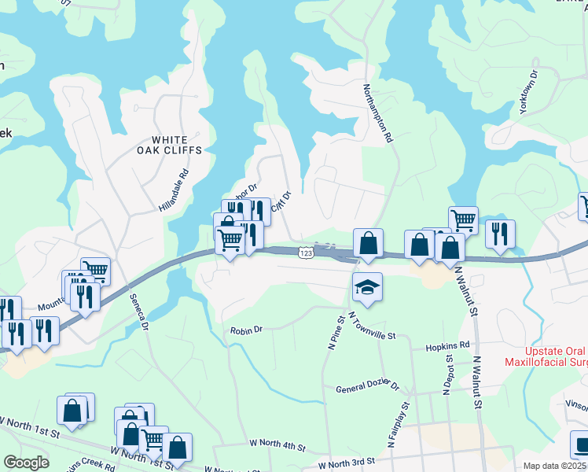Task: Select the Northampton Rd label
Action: [377, 113]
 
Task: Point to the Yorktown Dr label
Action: [528, 94]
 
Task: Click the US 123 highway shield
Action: [306, 252]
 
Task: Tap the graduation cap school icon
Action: [367, 288]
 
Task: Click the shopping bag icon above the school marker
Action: [368, 243]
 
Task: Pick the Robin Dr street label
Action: [245, 331]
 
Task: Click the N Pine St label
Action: [336, 332]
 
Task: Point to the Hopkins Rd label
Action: [447, 345]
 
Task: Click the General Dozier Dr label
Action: [368, 388]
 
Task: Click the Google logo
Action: [25, 462]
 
